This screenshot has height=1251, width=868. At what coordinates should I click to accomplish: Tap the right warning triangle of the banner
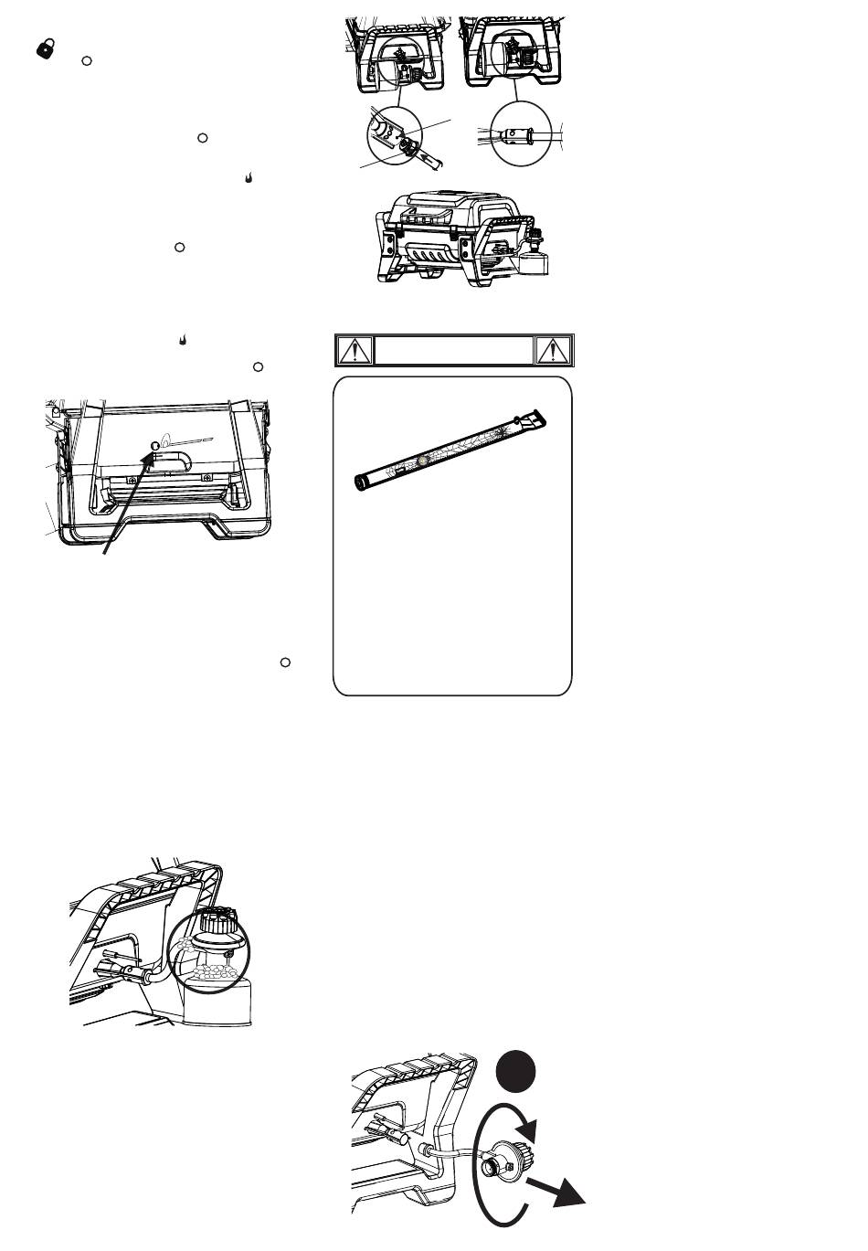[x=554, y=349]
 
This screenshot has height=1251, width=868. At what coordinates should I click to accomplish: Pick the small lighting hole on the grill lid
[x=154, y=447]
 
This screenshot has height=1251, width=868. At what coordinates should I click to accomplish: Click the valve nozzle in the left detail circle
[x=402, y=145]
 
